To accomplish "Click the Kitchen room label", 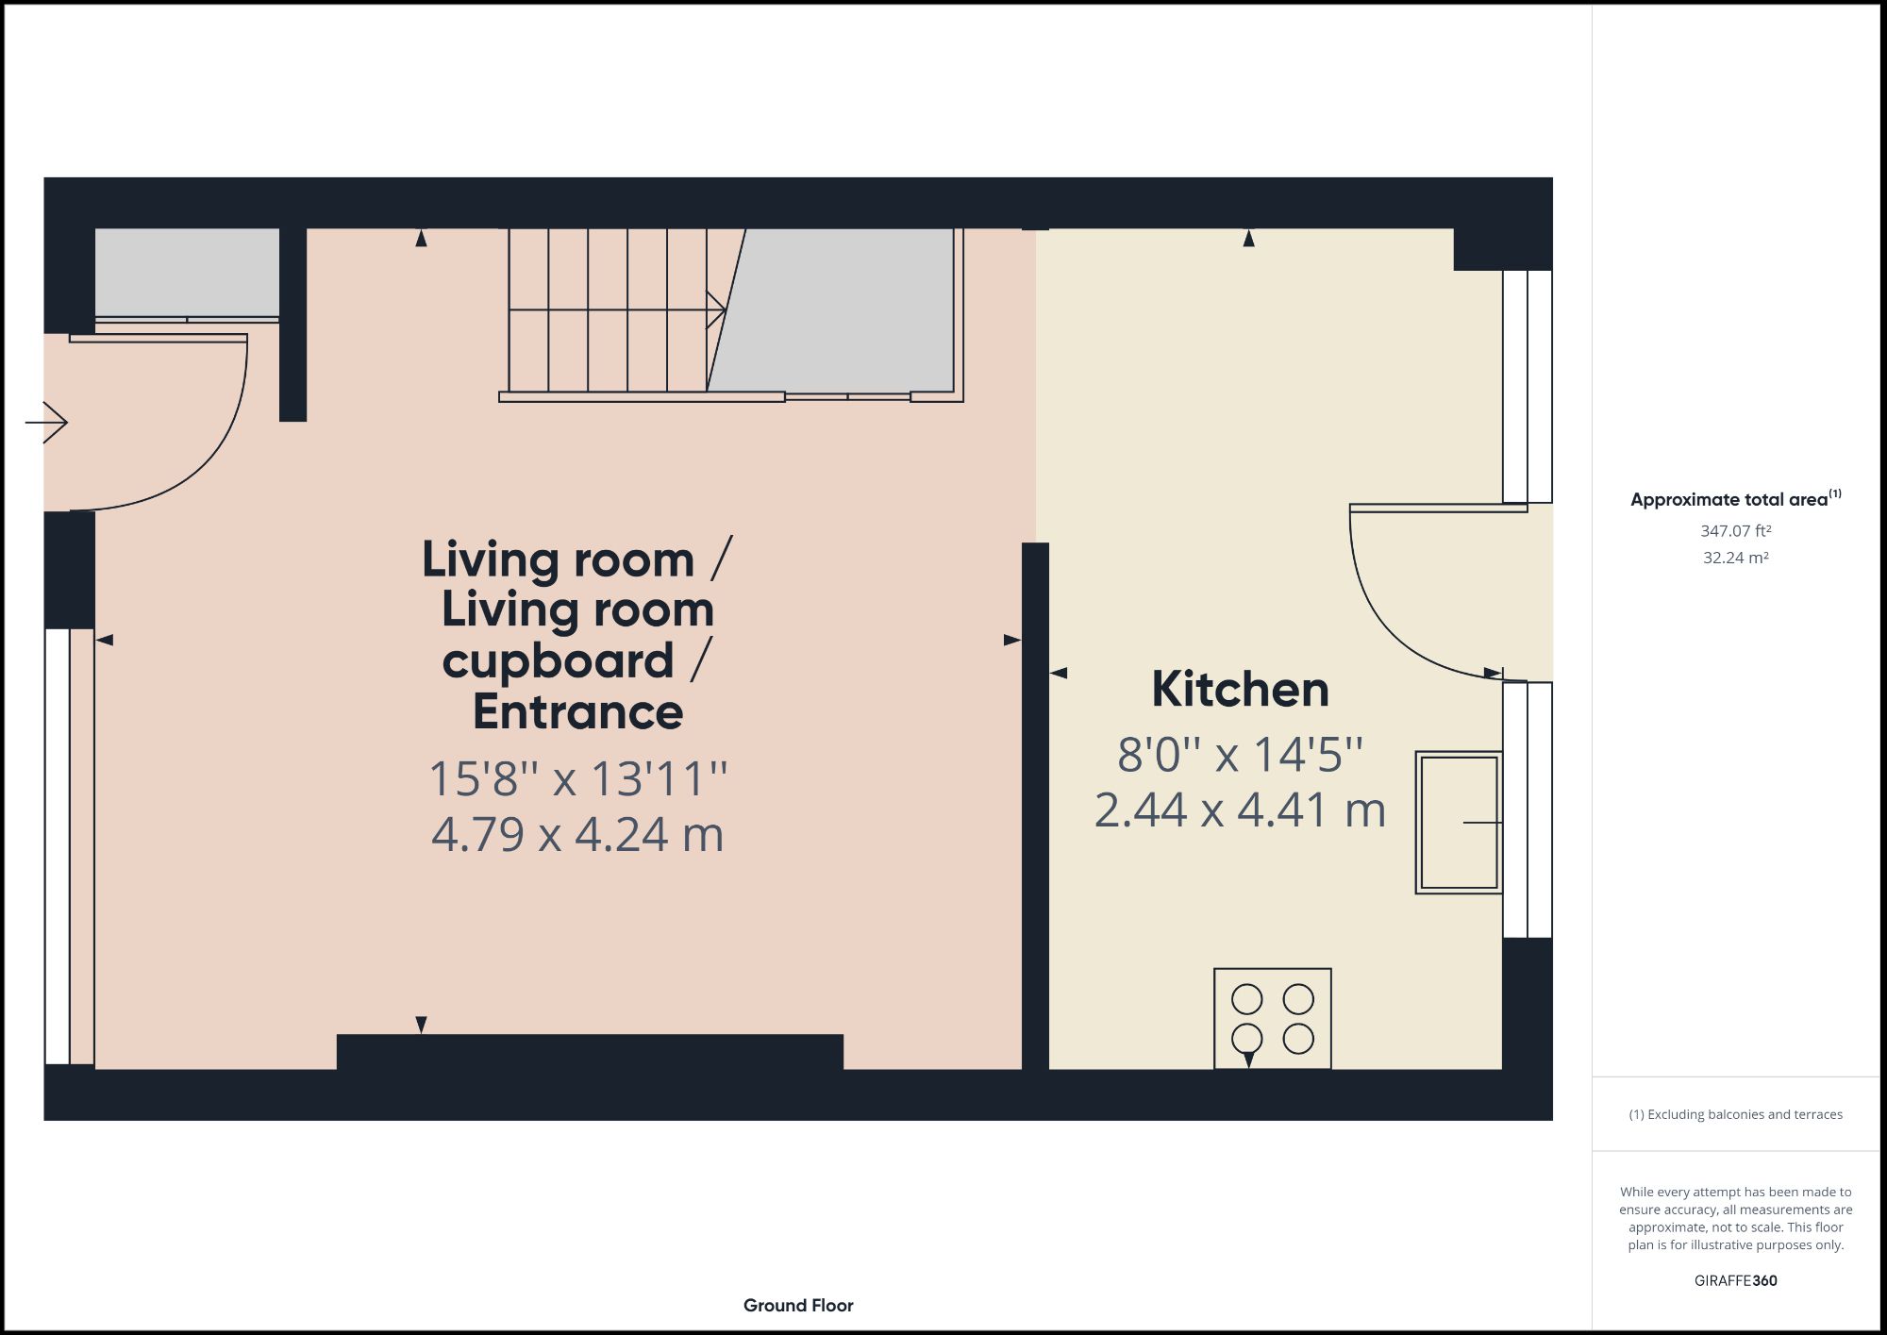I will pos(1240,690).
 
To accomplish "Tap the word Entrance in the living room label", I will pos(577,712).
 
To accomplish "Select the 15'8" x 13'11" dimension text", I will pos(577,779).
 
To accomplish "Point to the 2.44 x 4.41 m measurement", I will pos(1240,810).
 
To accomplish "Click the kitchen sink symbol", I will pos(1459,822).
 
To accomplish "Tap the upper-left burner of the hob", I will pos(1246,998).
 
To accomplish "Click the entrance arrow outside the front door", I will pos(47,422).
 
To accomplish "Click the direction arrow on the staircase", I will pos(714,309).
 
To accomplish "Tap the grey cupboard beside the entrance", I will pos(187,272).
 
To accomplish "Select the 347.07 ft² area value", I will pos(1735,531).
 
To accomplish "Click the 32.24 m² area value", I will pos(1735,558).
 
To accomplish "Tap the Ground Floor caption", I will pos(798,1306).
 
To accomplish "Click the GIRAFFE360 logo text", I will pos(1735,1280).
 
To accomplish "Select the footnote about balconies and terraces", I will pos(1735,1114).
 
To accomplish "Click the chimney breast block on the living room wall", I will pos(590,1052).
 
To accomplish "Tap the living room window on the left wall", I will pos(58,846).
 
